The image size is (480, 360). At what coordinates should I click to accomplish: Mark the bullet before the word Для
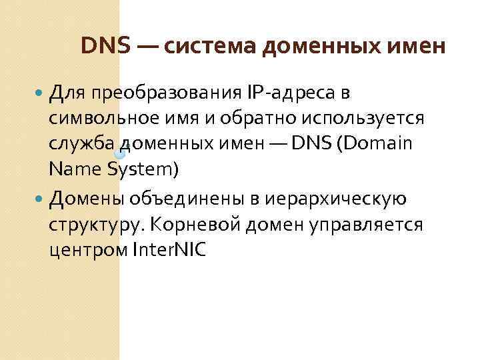coord(43,92)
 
